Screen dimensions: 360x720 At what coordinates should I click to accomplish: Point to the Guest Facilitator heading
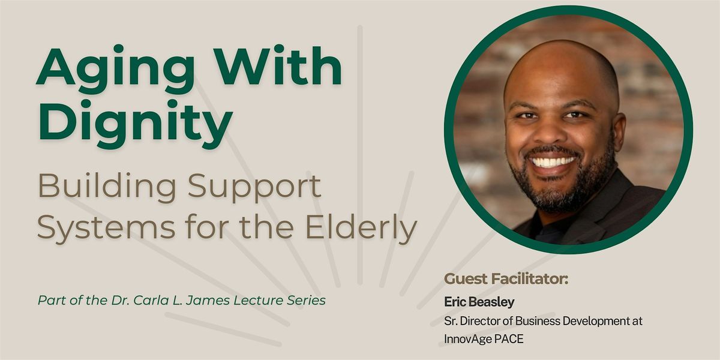tap(506, 279)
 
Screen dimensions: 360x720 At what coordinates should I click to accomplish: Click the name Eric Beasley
tap(480, 301)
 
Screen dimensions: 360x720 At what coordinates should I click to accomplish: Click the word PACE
tap(509, 338)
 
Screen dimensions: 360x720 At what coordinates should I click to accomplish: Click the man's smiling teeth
tap(554, 161)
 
